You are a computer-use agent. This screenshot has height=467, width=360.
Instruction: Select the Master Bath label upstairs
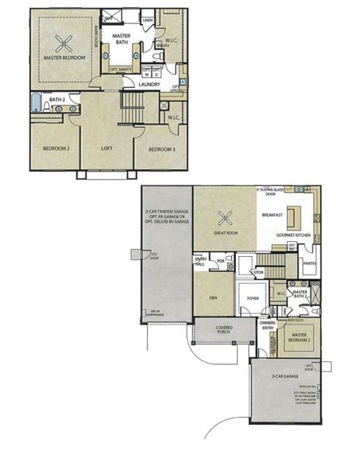[x=122, y=40]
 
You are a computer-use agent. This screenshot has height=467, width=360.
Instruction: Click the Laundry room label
[x=150, y=84]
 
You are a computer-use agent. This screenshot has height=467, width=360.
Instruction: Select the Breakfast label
[x=272, y=214]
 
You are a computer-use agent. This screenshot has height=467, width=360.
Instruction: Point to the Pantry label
[x=309, y=263]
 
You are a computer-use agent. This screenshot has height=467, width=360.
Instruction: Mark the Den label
[x=213, y=297]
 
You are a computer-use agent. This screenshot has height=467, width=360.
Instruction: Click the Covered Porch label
[x=225, y=331]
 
